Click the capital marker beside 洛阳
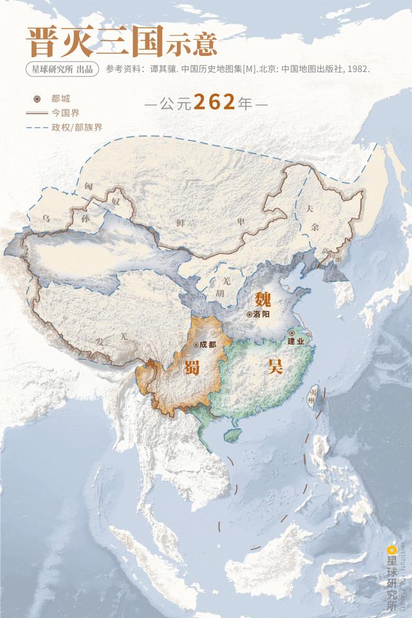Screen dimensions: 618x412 click(x=249, y=315)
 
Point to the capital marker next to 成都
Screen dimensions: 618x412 click(x=196, y=344)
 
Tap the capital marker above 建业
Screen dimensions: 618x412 click(x=292, y=333)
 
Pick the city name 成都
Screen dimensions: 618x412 click(x=208, y=344)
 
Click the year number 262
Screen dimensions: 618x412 click(x=214, y=103)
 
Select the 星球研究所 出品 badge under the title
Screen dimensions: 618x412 click(x=62, y=69)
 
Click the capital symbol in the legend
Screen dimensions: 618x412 click(x=37, y=99)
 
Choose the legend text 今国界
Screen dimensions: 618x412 click(x=66, y=113)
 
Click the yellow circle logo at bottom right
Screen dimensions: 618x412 click(x=391, y=550)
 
